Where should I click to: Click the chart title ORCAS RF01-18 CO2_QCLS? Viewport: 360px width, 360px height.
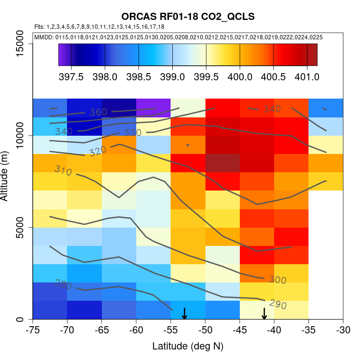188,17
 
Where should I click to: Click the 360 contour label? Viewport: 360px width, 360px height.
97,112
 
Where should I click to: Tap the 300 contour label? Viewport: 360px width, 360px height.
277,279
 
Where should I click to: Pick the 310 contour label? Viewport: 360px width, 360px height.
63,171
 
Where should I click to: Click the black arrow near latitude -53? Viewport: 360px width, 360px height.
184,313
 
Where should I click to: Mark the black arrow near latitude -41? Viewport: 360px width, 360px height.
264,313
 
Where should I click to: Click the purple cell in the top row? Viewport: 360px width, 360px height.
153,107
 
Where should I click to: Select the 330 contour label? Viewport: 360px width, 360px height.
132,133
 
